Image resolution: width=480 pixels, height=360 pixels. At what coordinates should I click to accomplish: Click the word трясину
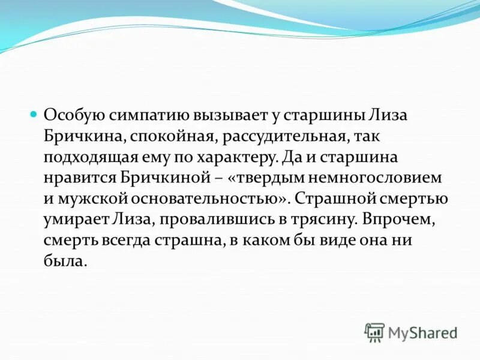(x=319, y=221)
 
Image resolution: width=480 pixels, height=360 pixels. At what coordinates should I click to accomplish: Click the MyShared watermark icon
(x=375, y=332)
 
